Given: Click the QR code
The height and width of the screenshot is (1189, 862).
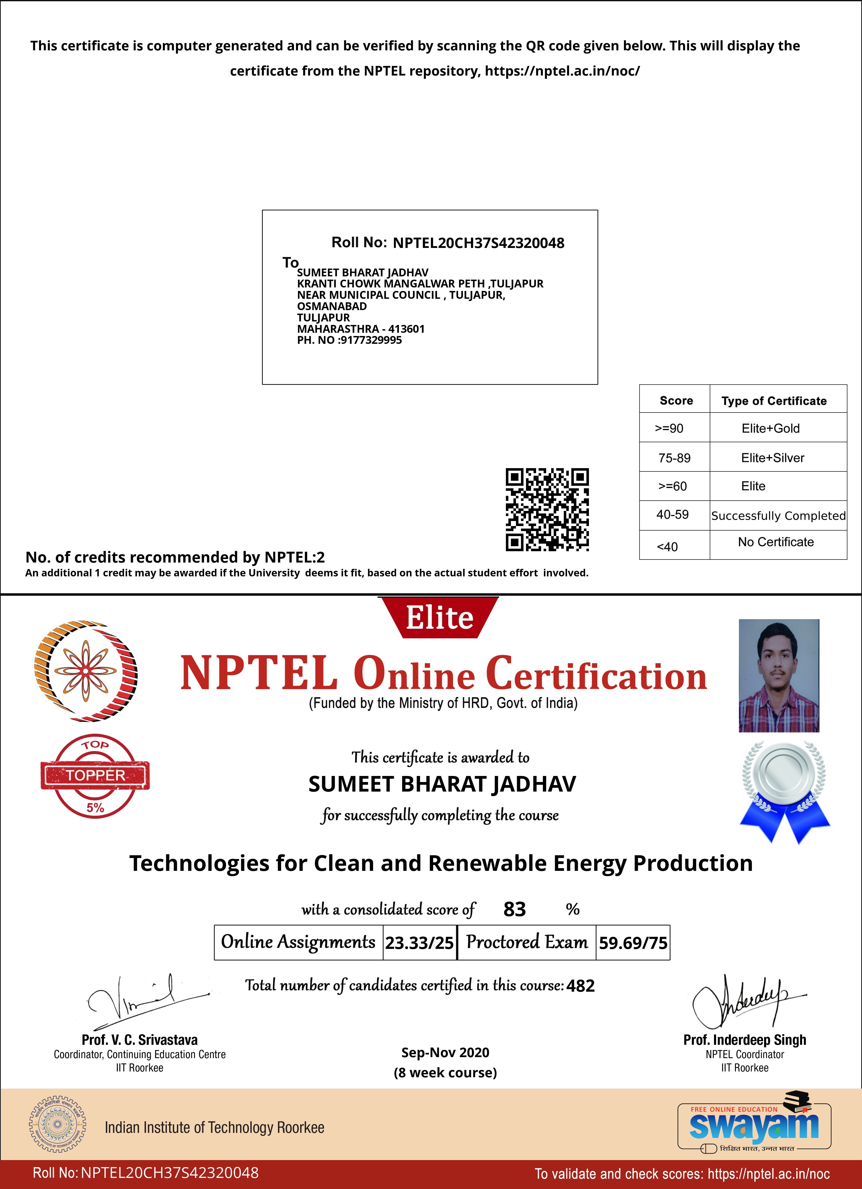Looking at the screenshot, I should point(547,510).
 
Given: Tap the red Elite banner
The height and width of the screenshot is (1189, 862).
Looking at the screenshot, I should point(439,618).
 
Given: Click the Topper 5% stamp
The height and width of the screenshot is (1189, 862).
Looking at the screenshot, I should point(95,776).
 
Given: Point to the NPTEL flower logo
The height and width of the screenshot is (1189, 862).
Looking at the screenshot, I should point(86,671).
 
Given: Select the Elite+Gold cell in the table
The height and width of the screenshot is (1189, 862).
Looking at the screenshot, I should point(770,428).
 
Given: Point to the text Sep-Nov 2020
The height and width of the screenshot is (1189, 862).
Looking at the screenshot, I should point(445,1052).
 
